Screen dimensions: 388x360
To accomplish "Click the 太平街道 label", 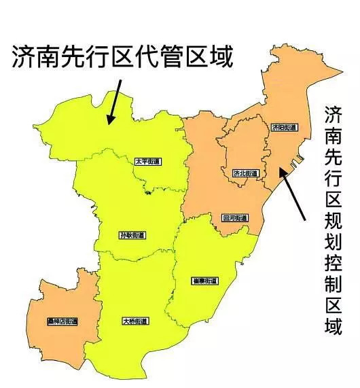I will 147,161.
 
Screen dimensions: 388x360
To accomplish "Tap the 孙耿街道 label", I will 132,235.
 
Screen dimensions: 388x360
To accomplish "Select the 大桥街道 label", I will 136,321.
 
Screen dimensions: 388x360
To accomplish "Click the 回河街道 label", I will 235,218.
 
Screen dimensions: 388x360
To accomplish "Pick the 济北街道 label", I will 245,173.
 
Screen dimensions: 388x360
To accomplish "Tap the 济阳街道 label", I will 284,127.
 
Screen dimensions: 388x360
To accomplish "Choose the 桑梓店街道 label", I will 62,321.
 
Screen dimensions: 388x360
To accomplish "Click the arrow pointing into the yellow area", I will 113,101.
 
